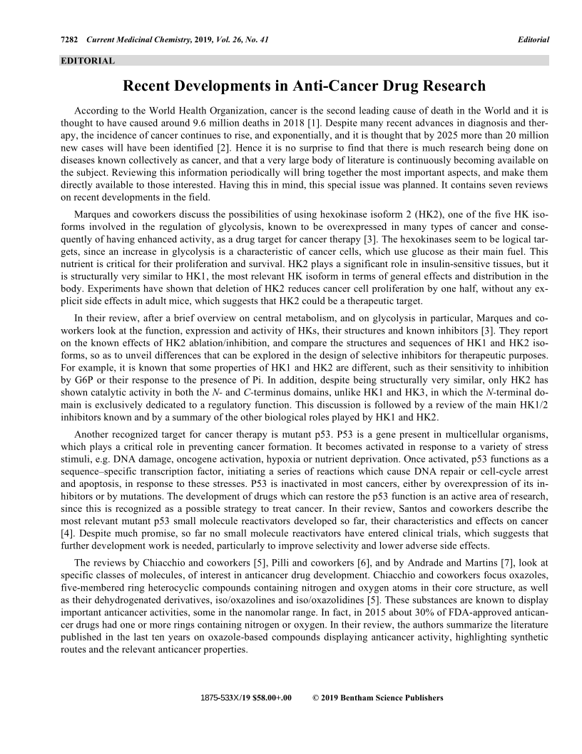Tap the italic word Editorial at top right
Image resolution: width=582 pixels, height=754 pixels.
tap(533, 39)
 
